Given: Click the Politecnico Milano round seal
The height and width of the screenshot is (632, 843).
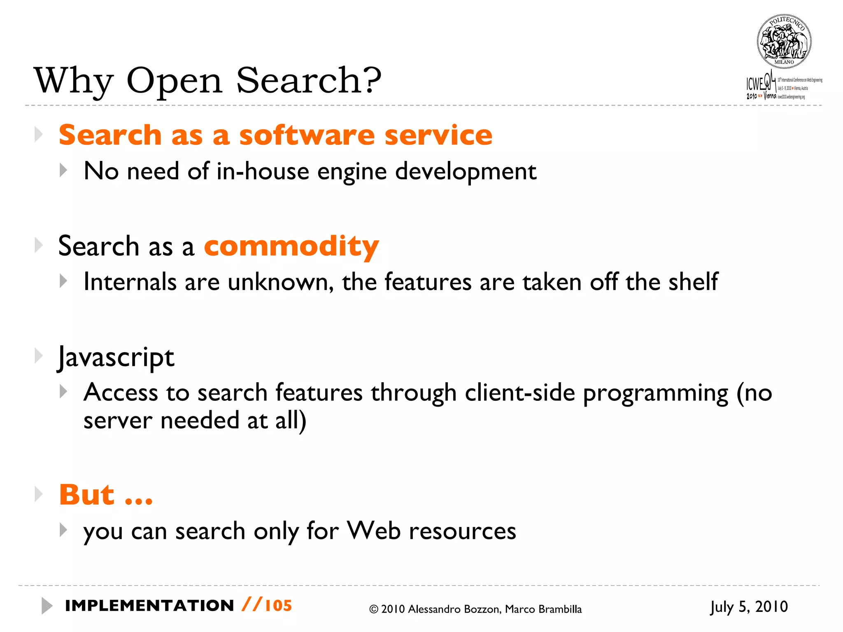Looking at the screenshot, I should pos(784,42).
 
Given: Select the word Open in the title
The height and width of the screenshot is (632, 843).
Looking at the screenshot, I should pos(174,81).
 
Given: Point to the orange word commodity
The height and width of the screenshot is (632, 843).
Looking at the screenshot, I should pos(291,246).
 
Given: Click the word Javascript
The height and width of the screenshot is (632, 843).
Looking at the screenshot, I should pos(116,357).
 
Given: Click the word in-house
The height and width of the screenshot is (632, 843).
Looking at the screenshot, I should pos(263,171).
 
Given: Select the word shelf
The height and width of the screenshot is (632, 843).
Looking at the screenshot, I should pos(693,281).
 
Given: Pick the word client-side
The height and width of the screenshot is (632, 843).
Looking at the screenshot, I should pos(519,392).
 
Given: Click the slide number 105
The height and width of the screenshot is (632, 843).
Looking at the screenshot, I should pos(278,606).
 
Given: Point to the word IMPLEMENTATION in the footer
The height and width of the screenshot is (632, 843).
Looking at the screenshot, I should pos(149,606).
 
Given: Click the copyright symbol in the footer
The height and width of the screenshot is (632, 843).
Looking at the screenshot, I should pos(373,609).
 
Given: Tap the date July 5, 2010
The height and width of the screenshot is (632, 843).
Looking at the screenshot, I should pos(749,607).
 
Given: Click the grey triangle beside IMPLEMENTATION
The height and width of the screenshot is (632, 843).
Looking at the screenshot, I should pos(47,606).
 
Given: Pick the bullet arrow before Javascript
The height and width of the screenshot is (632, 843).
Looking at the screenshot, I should pos(39,356).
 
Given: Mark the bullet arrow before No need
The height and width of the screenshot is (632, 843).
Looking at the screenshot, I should pos(63,170).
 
